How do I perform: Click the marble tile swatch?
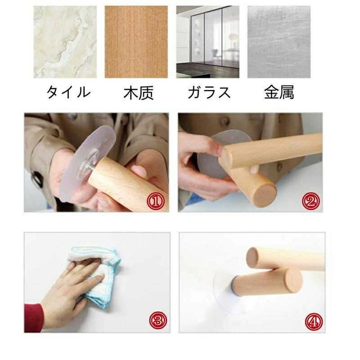tap(65, 42)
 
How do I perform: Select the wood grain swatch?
tap(136, 42)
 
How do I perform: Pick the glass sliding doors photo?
tap(208, 42)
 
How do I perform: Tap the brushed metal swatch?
tap(279, 42)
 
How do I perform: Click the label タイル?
tap(68, 92)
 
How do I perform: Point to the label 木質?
tap(139, 93)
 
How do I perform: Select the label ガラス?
tap(209, 92)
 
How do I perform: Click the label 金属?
tap(279, 93)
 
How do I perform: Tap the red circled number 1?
tap(156, 201)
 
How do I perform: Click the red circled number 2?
tap(310, 201)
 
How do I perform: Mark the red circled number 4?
tap(314, 321)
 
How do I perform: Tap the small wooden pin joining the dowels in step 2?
tap(255, 169)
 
